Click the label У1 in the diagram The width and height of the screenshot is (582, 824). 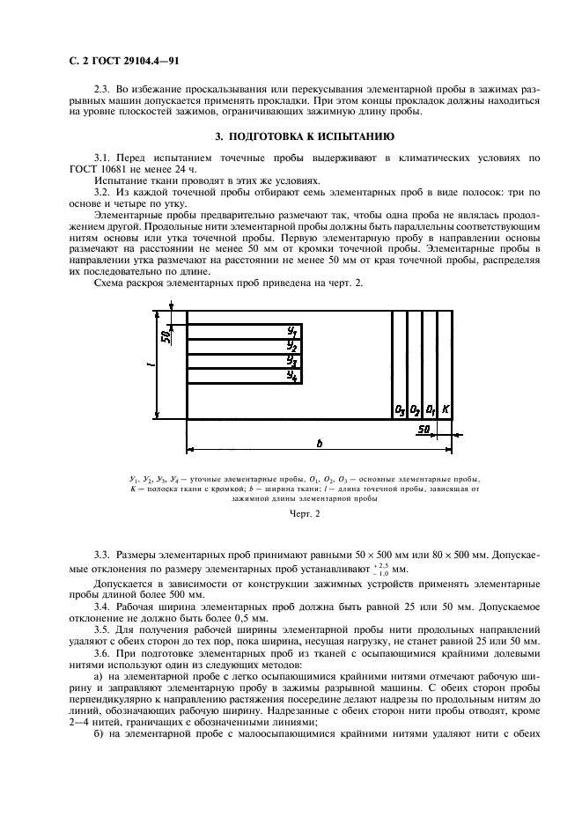[x=292, y=330]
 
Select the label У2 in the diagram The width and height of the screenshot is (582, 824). [x=292, y=346]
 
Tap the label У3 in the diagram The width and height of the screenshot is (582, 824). [x=292, y=361]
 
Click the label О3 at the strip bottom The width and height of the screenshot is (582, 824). [x=399, y=410]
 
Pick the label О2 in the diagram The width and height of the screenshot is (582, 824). [x=415, y=410]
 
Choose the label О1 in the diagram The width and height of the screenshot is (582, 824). [x=431, y=410]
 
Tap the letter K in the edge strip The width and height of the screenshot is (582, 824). [x=446, y=410]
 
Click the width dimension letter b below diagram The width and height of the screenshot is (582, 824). [x=319, y=442]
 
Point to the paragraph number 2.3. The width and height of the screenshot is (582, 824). [x=102, y=91]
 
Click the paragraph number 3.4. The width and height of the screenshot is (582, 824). [x=102, y=607]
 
